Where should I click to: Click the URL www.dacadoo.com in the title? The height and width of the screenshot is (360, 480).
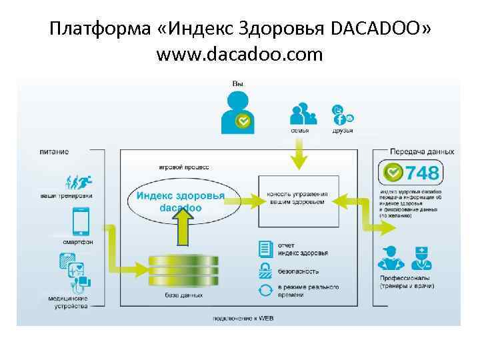pos(239,53)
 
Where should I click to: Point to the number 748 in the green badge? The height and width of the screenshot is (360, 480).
pos(423,173)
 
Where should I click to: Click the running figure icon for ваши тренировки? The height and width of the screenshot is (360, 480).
pos(78,181)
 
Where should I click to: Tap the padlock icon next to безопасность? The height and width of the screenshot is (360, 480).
pos(265,270)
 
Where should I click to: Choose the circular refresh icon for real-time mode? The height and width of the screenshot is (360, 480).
pos(265,290)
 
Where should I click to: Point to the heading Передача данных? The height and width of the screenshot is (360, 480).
pos(422,152)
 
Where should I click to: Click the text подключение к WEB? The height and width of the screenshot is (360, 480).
pos(243,318)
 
